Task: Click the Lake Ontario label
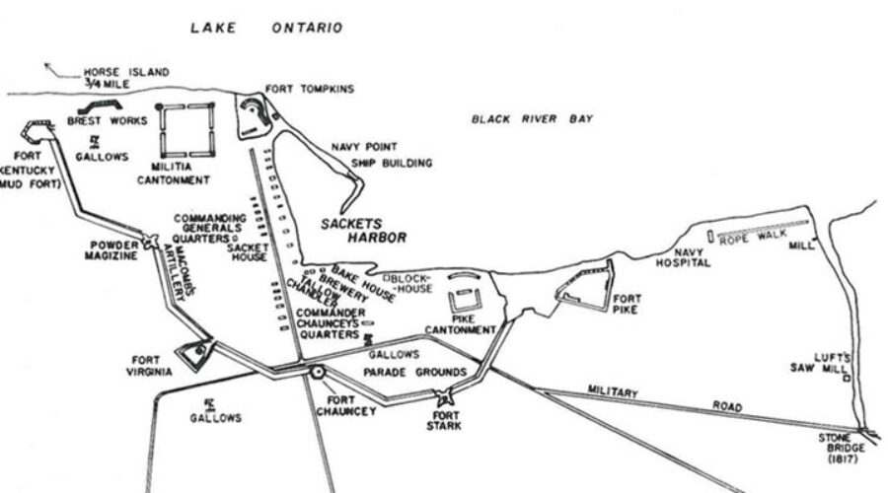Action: click(x=265, y=28)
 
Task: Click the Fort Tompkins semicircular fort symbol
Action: click(x=254, y=116)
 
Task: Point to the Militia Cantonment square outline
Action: click(x=186, y=131)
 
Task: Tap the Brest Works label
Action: click(x=107, y=121)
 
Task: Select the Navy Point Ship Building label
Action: click(x=381, y=155)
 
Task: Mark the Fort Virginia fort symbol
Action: click(x=194, y=351)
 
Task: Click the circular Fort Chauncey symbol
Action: click(x=318, y=373)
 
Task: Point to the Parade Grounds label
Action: click(x=414, y=373)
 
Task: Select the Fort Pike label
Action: click(x=628, y=304)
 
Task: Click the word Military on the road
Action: click(x=613, y=392)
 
